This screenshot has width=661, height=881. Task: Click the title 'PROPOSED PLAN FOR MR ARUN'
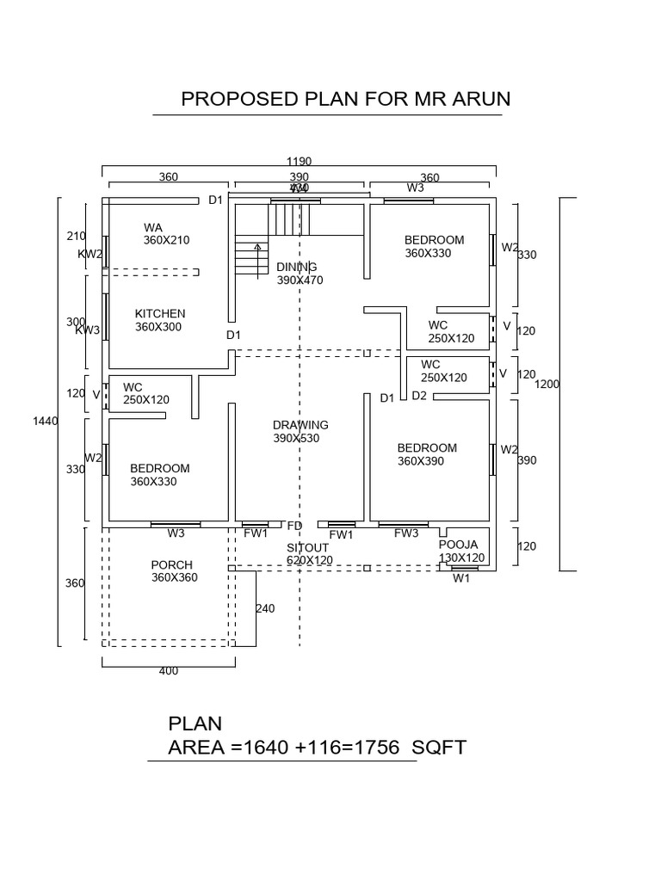[x=345, y=99]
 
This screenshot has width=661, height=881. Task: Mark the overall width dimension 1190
[x=300, y=161]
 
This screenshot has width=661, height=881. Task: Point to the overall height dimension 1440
[x=45, y=421]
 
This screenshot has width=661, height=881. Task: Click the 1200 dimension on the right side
[x=547, y=385]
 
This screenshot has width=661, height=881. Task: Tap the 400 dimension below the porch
[x=169, y=671]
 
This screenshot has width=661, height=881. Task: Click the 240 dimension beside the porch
[x=265, y=608]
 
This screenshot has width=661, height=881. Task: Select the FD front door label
[x=294, y=526]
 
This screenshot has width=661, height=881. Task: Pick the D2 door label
[x=419, y=396]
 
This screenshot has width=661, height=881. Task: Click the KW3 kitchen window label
[x=87, y=330]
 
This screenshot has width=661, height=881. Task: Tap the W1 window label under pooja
[x=462, y=578]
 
